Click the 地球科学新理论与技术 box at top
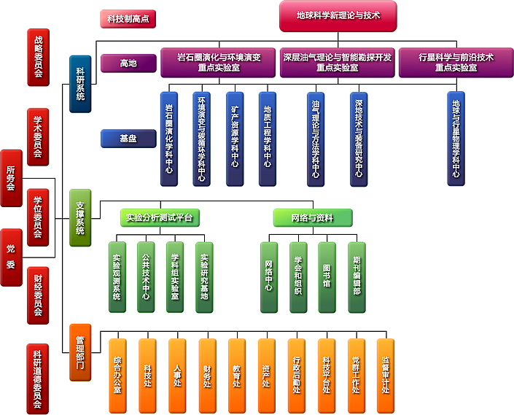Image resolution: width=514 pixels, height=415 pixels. click(338, 15)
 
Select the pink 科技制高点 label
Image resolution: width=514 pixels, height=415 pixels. click(128, 19)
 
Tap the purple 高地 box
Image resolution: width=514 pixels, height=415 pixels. click(128, 63)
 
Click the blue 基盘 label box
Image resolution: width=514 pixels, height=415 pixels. click(128, 137)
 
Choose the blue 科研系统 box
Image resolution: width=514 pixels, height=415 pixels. click(80, 84)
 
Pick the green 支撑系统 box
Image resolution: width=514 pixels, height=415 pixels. click(80, 217)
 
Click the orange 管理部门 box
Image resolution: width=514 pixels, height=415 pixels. click(80, 352)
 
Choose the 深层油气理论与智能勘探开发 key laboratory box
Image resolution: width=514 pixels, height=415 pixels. click(337, 62)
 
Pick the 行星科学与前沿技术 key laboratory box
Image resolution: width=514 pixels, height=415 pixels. click(456, 62)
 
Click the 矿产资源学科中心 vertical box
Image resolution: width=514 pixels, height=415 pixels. click(235, 138)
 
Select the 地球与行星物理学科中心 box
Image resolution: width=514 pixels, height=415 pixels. click(456, 138)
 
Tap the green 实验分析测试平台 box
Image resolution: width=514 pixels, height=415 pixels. click(160, 217)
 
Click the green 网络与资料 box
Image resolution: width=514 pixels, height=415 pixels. click(312, 217)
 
